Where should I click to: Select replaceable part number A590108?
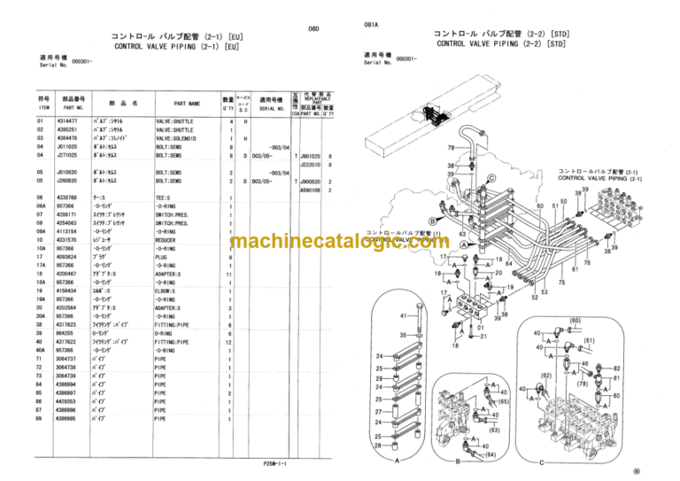click(310, 189)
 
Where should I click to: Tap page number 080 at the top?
click(313, 29)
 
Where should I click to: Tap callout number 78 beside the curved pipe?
click(452, 147)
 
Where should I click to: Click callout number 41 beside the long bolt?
click(404, 315)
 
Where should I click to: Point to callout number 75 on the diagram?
click(561, 283)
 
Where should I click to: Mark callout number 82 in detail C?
click(616, 368)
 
